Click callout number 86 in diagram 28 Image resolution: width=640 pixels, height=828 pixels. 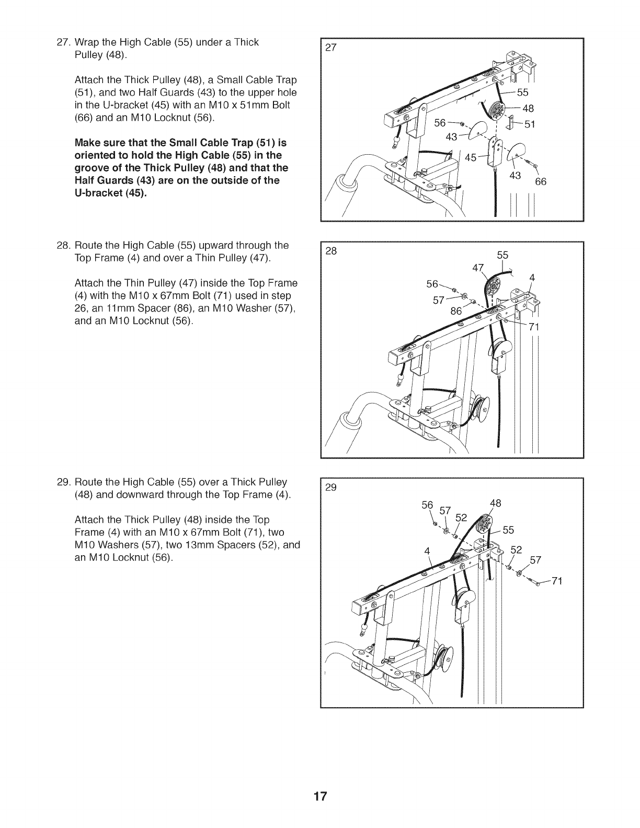[457, 310]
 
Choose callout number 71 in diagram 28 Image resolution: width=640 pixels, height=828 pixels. [533, 328]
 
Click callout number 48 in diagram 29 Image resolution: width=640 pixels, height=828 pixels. [496, 503]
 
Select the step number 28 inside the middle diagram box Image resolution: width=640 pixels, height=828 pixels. [331, 251]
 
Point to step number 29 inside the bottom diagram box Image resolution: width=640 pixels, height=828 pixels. [331, 488]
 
